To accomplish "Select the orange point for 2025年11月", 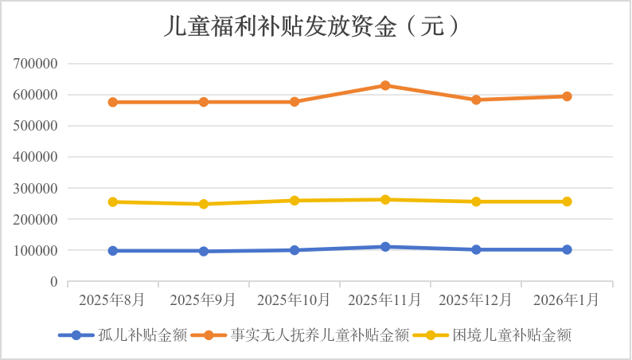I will tap(385, 85).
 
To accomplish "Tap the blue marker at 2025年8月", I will tap(113, 251).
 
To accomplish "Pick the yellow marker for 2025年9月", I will tap(204, 204).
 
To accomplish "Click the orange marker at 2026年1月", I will tap(567, 96).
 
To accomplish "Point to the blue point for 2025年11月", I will tap(385, 247).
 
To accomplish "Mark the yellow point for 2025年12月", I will tap(476, 202).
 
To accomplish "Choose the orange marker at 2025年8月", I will tap(113, 102).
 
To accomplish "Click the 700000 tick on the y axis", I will tap(36, 64).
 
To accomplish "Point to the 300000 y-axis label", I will tap(36, 189).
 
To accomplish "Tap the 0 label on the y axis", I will tap(54, 282).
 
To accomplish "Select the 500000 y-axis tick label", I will tap(36, 126).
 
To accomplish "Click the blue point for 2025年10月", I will tap(295, 250).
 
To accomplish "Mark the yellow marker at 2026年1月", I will tap(567, 202).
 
